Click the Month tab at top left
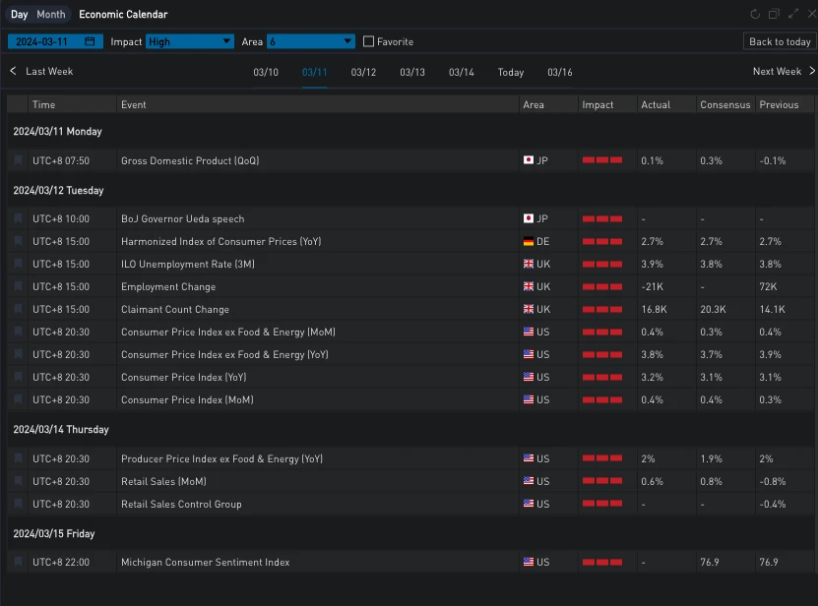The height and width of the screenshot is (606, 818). tap(50, 15)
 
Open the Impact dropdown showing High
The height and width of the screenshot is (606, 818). tap(190, 41)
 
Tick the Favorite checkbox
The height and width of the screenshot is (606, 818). tap(369, 41)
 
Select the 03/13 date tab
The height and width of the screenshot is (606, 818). tap(412, 72)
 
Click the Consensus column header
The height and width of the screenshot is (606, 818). tap(724, 104)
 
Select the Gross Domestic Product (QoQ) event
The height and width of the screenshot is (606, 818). tap(190, 160)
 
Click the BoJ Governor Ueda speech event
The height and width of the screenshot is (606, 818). tap(182, 218)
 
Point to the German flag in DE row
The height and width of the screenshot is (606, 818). tap(529, 241)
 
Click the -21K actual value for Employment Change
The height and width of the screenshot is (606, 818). tap(654, 286)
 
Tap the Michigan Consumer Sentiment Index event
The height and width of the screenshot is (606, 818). tap(205, 562)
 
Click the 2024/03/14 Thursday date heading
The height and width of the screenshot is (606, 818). tap(60, 429)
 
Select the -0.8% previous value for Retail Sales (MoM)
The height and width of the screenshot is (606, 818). tap(774, 481)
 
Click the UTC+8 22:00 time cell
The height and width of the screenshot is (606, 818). tap(61, 562)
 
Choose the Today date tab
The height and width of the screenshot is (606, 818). tap(511, 72)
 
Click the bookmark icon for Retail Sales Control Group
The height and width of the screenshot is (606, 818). tap(18, 504)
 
